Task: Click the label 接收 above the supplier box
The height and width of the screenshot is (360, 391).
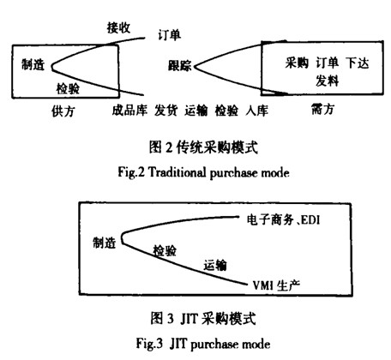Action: point(118,27)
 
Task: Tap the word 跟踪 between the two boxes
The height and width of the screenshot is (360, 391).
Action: point(179,66)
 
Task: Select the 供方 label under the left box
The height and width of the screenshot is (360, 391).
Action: point(63,111)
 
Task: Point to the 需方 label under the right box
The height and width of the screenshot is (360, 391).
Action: point(323,109)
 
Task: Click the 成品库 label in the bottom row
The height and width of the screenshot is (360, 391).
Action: point(129,111)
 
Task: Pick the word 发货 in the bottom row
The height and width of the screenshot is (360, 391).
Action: point(165,111)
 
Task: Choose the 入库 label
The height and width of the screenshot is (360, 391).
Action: point(256,111)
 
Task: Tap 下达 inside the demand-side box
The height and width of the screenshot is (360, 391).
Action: point(358,63)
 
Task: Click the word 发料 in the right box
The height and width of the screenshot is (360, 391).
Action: point(328,81)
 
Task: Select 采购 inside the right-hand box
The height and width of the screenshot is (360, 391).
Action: point(297,63)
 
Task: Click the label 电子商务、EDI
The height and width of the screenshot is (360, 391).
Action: point(283,219)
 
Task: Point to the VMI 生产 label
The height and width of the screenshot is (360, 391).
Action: point(276,285)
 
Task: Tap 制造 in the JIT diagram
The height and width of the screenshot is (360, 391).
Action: point(105,243)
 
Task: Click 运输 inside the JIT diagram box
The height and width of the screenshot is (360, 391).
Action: point(215,265)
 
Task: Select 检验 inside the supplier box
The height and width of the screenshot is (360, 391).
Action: point(68,88)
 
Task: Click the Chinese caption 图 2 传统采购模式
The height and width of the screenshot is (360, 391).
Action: point(203,147)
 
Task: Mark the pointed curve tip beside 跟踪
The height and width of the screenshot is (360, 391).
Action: point(194,67)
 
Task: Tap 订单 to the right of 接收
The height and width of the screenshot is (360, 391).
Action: point(169,35)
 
